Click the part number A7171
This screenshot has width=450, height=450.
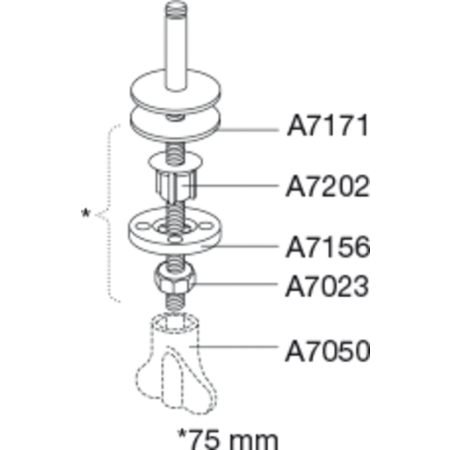[328, 126]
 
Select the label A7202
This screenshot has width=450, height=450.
[328, 186]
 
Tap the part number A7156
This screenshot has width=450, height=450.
[328, 247]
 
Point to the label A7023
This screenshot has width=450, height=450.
[328, 287]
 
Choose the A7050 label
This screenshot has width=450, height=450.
[328, 351]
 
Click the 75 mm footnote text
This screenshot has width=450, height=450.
[228, 439]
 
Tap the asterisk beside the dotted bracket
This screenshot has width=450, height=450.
[85, 213]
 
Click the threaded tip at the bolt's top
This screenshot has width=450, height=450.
[176, 7]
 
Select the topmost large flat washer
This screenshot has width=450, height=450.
[176, 91]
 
